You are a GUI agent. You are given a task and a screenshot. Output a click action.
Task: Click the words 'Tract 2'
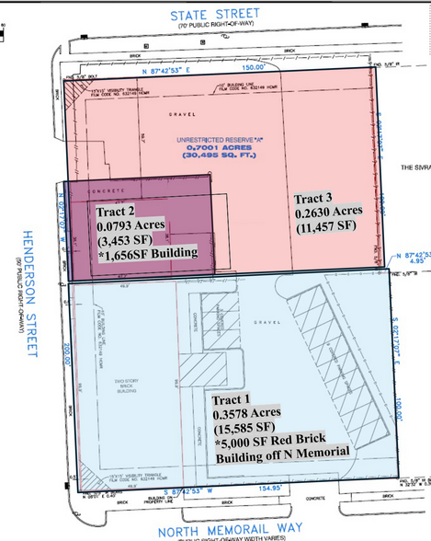[x=117, y=211]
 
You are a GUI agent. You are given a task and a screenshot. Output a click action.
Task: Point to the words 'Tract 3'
[x=314, y=199]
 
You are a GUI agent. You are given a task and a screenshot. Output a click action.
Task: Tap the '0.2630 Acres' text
[x=330, y=213]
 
